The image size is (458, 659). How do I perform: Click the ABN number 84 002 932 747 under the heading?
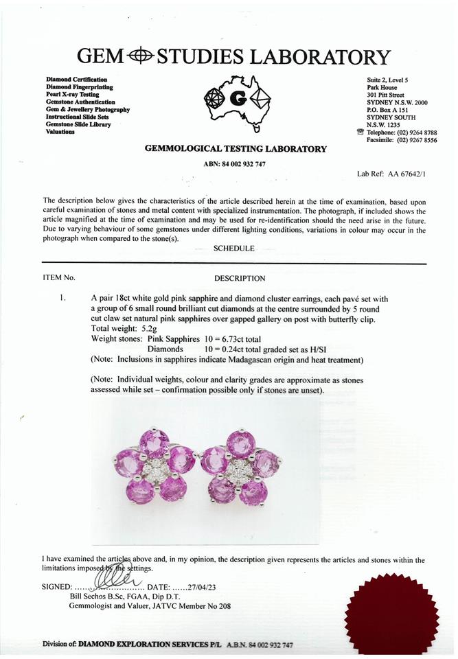235,164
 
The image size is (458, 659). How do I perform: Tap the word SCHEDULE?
234,248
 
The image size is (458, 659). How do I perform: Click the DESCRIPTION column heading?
240,279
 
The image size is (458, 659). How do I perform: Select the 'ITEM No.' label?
58,278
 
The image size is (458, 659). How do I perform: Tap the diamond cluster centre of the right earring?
239,471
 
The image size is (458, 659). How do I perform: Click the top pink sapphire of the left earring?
154,443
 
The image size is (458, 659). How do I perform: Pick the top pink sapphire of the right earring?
240,443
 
